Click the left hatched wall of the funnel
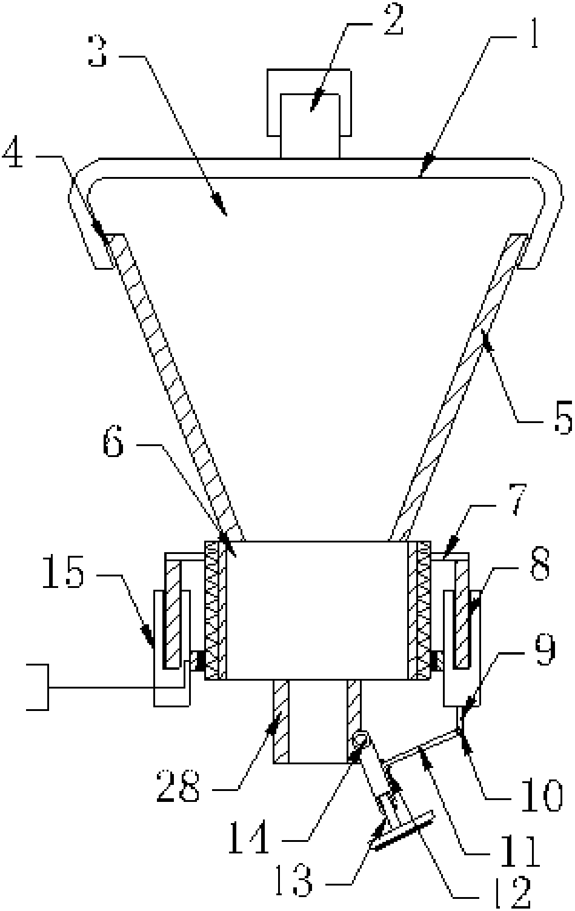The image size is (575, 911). click(175, 388)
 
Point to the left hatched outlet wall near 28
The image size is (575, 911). click(281, 721)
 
